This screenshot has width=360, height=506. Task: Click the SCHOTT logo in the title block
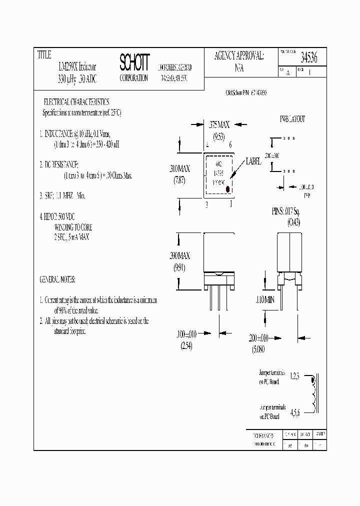pyautogui.click(x=134, y=62)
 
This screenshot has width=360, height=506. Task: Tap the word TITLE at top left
pyautogui.click(x=44, y=54)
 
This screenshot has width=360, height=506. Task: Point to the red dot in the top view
pyautogui.click(x=227, y=189)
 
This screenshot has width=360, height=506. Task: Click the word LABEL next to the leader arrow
pyautogui.click(x=253, y=162)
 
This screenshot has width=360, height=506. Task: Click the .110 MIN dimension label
pyautogui.click(x=263, y=300)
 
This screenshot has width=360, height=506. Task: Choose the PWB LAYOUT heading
pyautogui.click(x=292, y=119)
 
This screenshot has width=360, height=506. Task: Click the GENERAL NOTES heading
pyautogui.click(x=60, y=279)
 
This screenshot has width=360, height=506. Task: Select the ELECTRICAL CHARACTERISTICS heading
pyautogui.click(x=76, y=101)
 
